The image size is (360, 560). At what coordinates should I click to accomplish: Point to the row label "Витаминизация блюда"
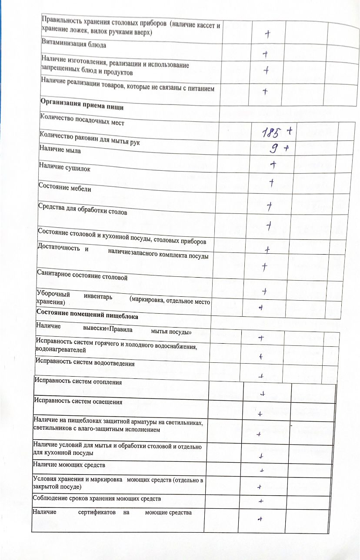pos(73,45)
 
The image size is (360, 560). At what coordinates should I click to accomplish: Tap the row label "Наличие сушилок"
pos(64,169)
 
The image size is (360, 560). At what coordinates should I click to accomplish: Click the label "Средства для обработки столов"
pos(83,213)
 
